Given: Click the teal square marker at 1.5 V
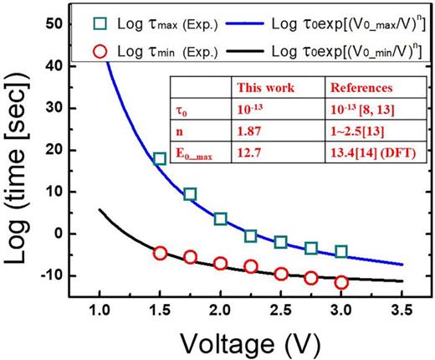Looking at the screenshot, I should pyautogui.click(x=160, y=159).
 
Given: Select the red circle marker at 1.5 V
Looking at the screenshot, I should pyautogui.click(x=160, y=253).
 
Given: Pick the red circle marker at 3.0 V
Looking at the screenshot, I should pyautogui.click(x=340, y=282).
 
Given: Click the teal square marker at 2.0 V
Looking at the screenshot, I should pyautogui.click(x=220, y=219).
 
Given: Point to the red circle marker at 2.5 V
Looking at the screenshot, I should pyautogui.click(x=280, y=273).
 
